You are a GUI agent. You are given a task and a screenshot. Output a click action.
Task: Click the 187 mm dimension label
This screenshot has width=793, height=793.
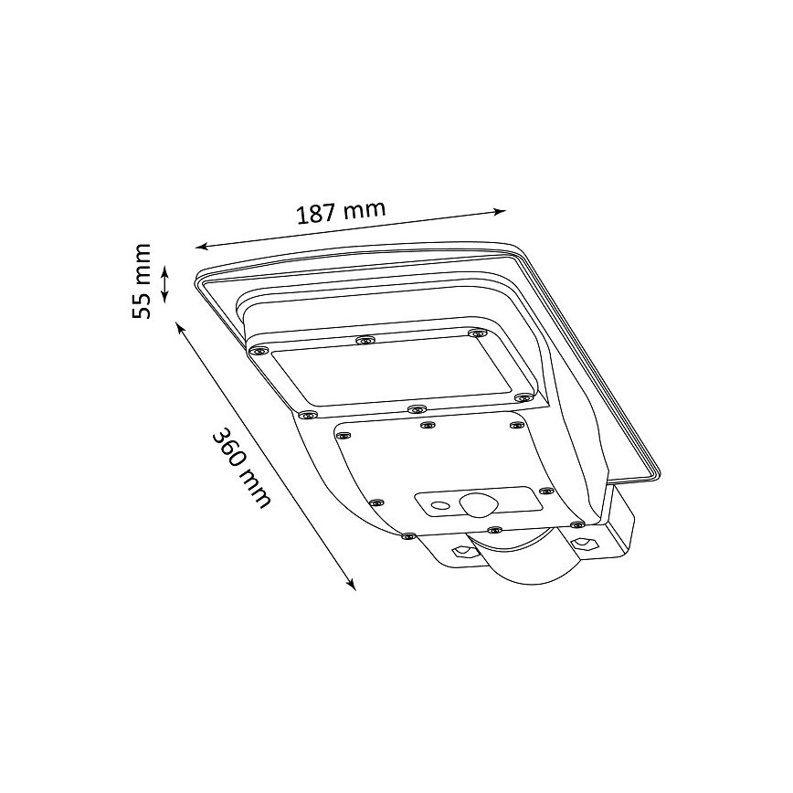tap(341, 213)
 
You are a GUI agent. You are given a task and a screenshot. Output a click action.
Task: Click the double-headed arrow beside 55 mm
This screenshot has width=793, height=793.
tap(165, 283)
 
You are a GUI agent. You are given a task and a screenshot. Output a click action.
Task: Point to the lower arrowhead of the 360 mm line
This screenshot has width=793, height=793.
tap(351, 586)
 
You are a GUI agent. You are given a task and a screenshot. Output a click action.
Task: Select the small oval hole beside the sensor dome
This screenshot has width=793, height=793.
tap(439, 503)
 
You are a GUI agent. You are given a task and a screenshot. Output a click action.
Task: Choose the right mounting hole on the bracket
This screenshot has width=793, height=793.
tap(583, 543)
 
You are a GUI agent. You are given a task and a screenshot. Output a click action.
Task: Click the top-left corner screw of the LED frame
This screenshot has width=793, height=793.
tap(259, 350)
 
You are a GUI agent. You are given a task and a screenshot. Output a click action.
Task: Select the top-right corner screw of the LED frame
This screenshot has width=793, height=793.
tap(474, 333)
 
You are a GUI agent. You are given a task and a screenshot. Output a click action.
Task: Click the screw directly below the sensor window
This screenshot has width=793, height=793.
tap(493, 530)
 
